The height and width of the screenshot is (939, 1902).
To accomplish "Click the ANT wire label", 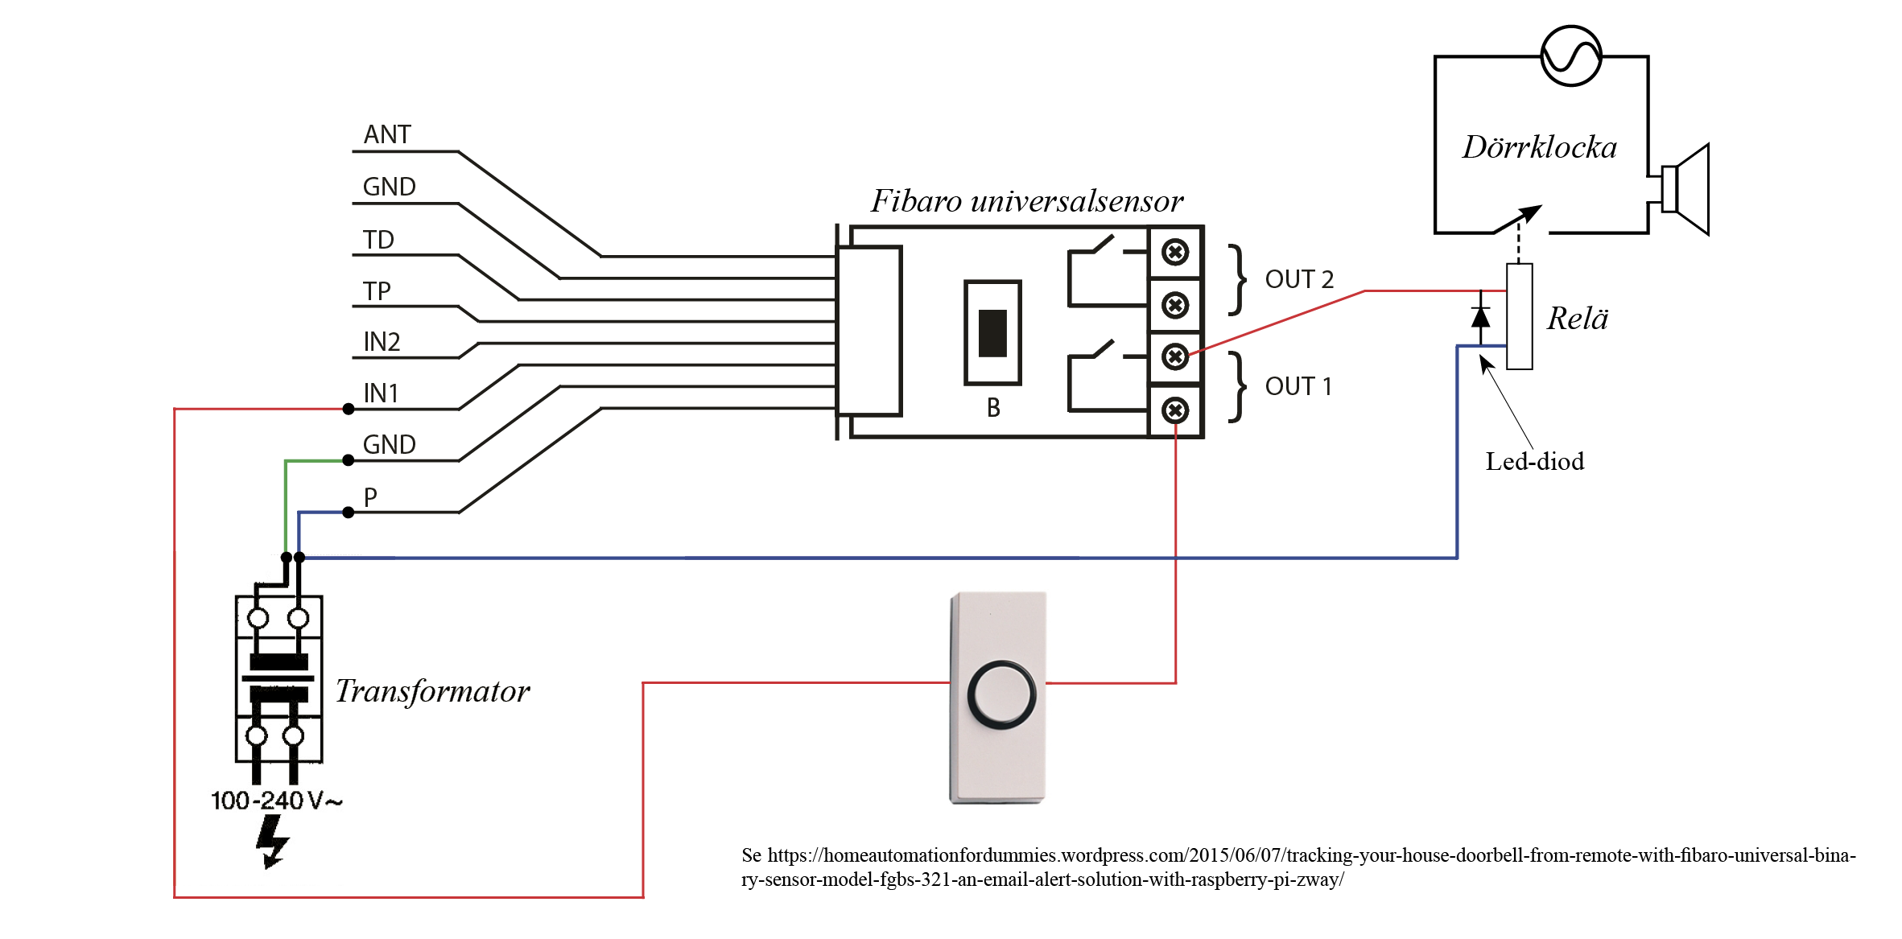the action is pos(387,134).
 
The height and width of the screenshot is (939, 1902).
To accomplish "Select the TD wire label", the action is pos(378,240).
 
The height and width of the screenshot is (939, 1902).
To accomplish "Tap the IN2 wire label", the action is pos(382,342).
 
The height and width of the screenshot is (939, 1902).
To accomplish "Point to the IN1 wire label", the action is pos(381,393).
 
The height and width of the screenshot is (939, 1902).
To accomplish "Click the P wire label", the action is pos(370,496).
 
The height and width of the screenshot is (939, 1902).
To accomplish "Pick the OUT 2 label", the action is pos(1299,279).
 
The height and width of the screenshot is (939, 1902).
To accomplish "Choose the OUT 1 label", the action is pos(1298,386).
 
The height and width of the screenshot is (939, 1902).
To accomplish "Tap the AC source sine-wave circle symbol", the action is pos(1571,56).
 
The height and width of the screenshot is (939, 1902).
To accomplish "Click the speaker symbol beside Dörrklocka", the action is pos(1685,190).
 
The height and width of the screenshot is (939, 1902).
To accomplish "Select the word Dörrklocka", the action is pos(1540,147).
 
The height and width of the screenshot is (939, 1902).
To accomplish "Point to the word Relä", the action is pos(1577,319).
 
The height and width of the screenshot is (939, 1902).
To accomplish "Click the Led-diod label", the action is pos(1534,461).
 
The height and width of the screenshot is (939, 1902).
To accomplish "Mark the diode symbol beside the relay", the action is pos(1480,317).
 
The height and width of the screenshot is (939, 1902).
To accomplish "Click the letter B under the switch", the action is pos(993,408).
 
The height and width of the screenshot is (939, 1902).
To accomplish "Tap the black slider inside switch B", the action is pos(992,333).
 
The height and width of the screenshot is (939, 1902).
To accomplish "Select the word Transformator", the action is pos(432,691).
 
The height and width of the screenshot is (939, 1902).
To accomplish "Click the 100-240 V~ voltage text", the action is pos(276,801).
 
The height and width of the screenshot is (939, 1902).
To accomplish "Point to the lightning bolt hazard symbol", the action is pos(272,842).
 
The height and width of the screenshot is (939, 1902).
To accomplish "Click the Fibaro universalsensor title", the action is pos(1027,201).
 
